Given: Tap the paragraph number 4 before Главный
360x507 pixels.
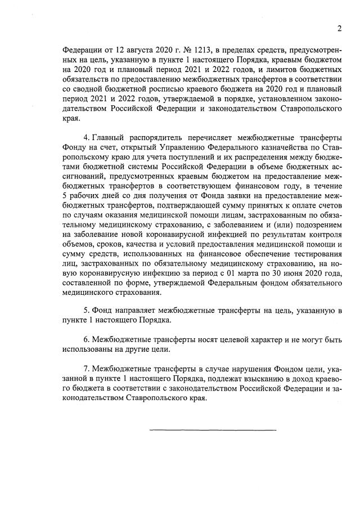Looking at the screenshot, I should click(85, 138).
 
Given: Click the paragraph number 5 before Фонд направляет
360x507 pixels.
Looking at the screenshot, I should click(85, 311).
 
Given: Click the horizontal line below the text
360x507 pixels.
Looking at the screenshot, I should click(213, 430).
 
